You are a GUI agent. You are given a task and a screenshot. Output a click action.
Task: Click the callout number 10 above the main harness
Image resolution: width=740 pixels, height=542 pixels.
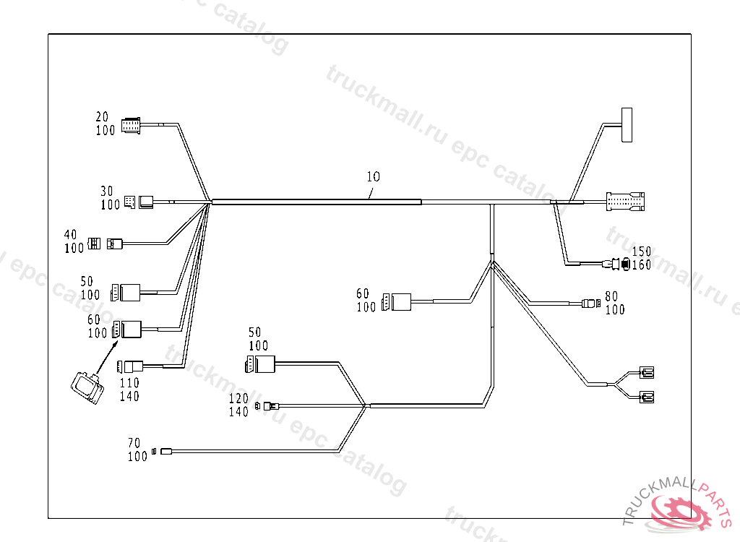tap(373, 176)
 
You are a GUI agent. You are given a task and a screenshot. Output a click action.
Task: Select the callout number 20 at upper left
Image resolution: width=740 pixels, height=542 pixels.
tap(102, 117)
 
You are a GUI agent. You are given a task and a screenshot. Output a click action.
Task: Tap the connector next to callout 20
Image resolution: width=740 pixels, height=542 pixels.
tap(132, 124)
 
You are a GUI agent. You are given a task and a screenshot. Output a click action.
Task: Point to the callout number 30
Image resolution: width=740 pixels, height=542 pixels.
tap(107, 192)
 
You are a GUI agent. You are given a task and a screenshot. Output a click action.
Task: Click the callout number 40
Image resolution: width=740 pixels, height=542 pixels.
tap(71, 235)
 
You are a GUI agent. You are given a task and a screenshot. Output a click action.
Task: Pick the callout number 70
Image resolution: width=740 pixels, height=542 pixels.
tap(134, 443)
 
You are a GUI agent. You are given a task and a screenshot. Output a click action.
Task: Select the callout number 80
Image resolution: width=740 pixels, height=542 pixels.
tap(611, 296)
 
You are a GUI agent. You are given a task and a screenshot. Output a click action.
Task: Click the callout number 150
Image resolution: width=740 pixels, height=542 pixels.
tap(642, 251)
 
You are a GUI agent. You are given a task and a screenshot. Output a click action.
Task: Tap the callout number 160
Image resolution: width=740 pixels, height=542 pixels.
tap(642, 265)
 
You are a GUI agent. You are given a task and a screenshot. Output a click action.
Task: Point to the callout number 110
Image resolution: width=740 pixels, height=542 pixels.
tap(130, 383)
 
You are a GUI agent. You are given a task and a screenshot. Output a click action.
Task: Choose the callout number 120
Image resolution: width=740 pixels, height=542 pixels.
tap(238, 399)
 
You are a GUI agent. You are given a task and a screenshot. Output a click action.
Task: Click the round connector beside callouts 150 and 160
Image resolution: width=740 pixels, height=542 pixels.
tap(619, 264)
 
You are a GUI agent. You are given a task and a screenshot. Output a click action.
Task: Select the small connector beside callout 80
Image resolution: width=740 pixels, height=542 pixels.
tap(592, 304)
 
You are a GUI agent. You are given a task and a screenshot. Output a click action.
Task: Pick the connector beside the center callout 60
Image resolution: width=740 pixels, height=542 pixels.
tap(397, 301)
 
